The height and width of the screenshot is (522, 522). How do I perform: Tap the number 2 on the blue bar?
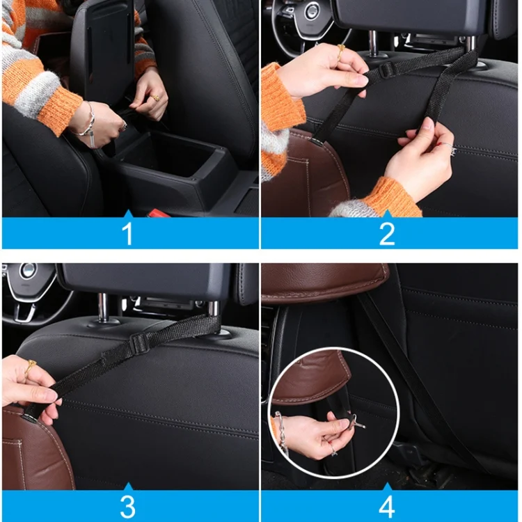tap(388, 234)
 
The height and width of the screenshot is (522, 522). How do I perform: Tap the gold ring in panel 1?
tap(155, 98)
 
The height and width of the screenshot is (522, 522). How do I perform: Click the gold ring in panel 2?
tap(341, 49)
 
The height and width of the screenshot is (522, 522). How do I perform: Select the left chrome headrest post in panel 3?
tap(103, 306)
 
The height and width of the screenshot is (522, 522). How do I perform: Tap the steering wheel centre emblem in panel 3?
tap(29, 271)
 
